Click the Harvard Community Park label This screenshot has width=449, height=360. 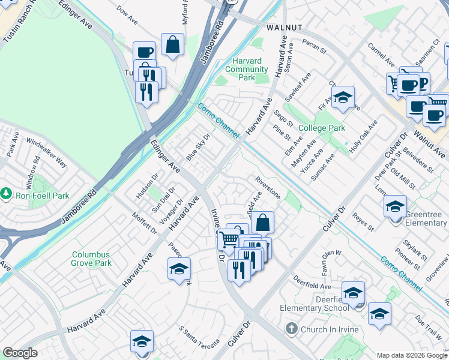pos(250,69)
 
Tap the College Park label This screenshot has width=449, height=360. pos(321,128)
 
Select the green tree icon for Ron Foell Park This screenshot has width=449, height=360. pos(6,194)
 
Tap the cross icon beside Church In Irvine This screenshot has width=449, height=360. pos(291,328)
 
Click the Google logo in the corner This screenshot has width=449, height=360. pos(20,353)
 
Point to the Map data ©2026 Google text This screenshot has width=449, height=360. pos(411,355)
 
